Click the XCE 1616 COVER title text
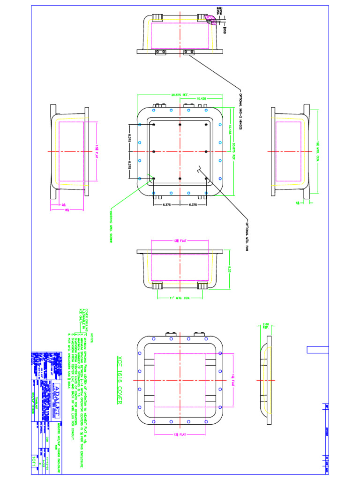118,379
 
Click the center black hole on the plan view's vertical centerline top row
180,124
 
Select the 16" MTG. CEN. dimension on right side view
317,151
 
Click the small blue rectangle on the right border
314,349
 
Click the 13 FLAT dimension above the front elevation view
180,241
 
